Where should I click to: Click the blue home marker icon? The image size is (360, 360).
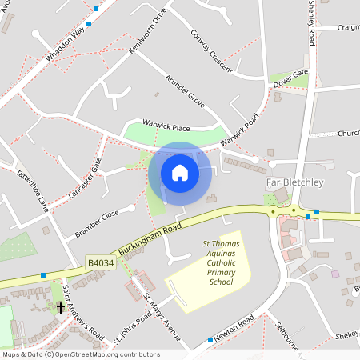pos(180,173)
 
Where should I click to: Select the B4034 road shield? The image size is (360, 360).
pos(101,262)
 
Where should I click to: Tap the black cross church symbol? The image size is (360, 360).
pos(60,307)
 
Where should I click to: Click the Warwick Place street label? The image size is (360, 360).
pos(166,126)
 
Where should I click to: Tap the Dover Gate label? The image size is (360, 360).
pos(290,78)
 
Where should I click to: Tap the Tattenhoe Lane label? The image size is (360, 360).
pos(33,190)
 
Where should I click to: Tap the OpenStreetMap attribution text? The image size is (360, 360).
pos(80,354)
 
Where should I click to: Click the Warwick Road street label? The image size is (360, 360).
pos(241,128)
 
